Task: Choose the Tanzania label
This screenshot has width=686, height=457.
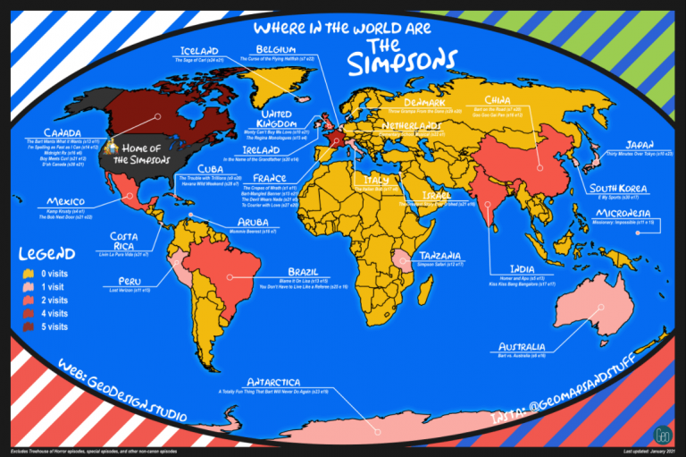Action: click(x=441, y=253)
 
